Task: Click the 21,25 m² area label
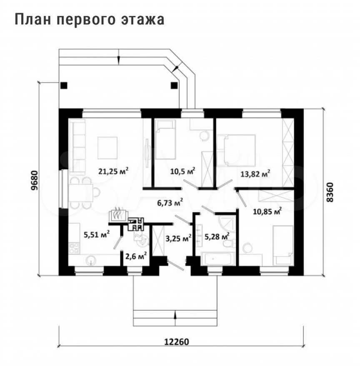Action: click(x=113, y=170)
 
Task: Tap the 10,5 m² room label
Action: click(x=182, y=171)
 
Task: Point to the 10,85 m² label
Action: click(x=267, y=211)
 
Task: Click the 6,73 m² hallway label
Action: click(x=170, y=203)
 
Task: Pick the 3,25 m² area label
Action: click(x=178, y=239)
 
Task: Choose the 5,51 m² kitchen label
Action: click(x=97, y=234)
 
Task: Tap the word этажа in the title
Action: click(x=145, y=20)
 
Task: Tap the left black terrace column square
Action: click(x=63, y=85)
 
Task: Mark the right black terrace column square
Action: click(x=174, y=85)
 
